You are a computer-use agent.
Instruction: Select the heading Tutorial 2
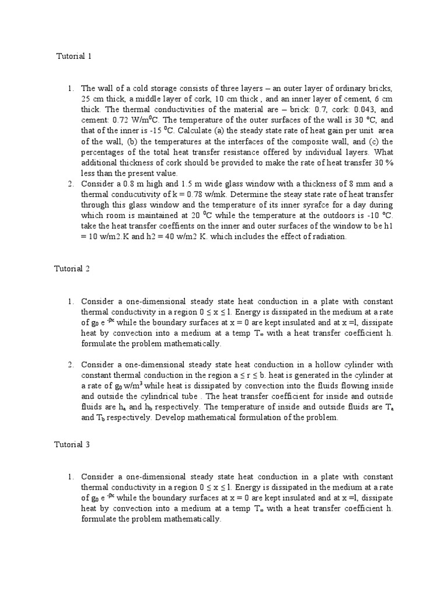tap(72, 269)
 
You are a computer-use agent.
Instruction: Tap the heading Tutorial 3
tap(72, 444)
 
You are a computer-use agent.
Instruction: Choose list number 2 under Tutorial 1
tap(70, 184)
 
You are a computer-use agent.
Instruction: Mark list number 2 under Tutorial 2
tap(70, 366)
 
